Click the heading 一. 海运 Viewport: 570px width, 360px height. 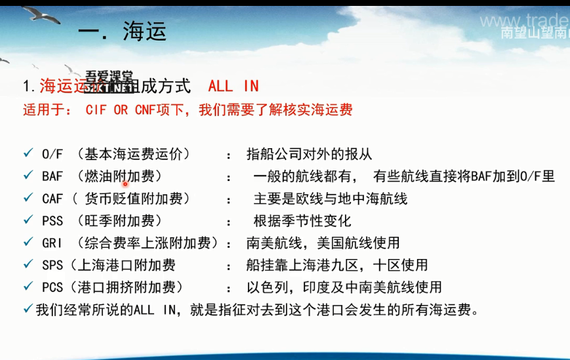coord(122,31)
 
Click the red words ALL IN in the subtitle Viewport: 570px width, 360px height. coord(234,86)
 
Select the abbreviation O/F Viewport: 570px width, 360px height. coord(52,154)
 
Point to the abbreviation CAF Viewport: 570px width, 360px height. coord(52,198)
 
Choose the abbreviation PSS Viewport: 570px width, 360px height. coord(52,220)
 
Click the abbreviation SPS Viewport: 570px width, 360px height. coord(52,265)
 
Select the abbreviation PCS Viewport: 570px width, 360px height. coord(52,287)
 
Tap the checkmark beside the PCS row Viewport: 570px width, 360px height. coord(28,287)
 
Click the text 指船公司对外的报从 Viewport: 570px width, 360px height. coord(309,154)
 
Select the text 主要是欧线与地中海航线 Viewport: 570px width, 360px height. coord(331,198)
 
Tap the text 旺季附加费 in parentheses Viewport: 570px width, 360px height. coord(124,220)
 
